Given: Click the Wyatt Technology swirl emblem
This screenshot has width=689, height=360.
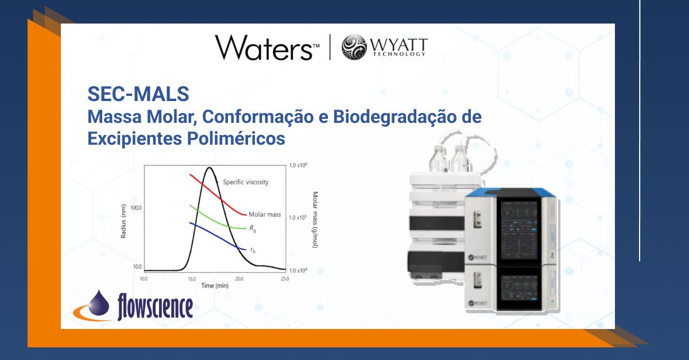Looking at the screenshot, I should coord(354,47).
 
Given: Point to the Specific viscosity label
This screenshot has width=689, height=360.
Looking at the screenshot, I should coord(246,182).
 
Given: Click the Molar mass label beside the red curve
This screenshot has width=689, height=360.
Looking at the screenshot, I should coord(265,215).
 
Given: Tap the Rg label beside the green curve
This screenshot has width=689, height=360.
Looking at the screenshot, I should coord(251,228).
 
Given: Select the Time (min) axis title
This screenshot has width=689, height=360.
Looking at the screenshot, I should coord(214,285).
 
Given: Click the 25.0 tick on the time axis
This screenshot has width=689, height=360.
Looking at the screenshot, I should coord(284,278).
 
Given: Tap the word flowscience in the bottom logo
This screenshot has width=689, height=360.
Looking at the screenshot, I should coord(154,306).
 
